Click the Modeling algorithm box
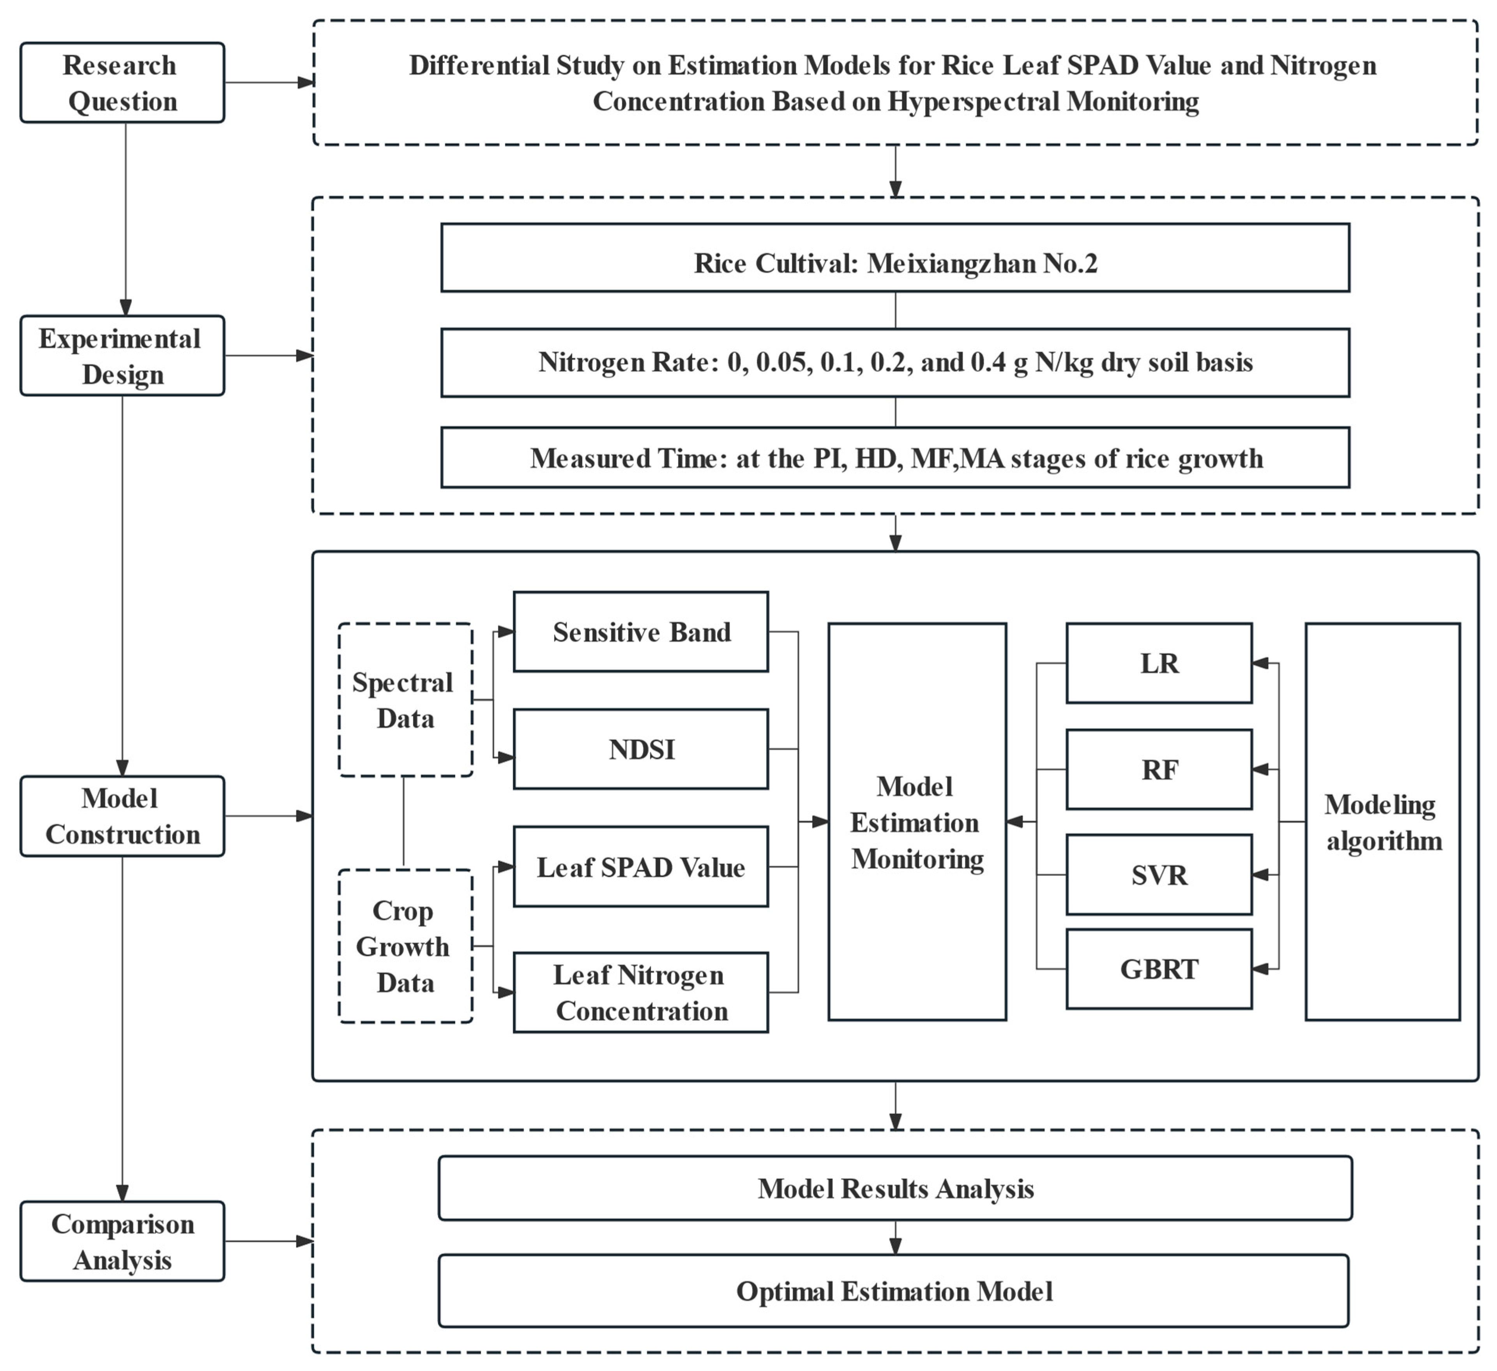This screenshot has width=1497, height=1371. pos(1383,822)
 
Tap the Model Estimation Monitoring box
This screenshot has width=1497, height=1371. pos(917,822)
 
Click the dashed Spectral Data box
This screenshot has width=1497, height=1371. pos(405,700)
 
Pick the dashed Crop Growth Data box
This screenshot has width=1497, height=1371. pos(405,946)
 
